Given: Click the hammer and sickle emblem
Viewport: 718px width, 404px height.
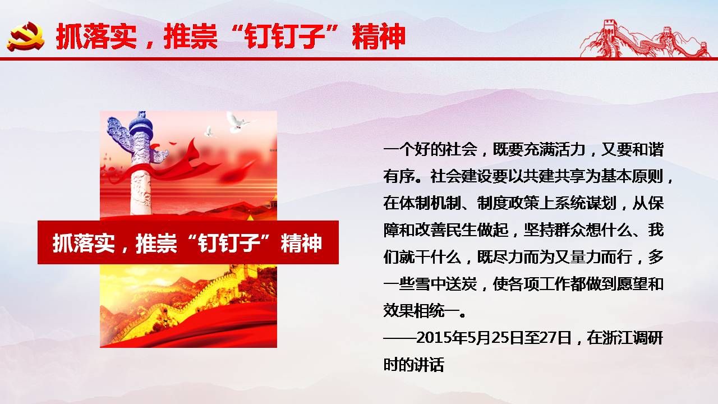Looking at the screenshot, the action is point(26,36).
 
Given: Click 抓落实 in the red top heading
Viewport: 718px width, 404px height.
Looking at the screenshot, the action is point(96,36).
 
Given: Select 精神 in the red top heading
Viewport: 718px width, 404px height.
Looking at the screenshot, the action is point(379,36).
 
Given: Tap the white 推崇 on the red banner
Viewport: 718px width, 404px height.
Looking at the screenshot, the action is point(156,243).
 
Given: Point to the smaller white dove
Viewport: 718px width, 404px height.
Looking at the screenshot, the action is point(210,131).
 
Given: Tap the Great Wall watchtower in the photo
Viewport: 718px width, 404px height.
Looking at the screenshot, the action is point(245,273).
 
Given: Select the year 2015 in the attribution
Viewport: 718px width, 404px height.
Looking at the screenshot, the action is point(432,338).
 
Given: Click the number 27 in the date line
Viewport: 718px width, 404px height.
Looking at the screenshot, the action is point(548,338).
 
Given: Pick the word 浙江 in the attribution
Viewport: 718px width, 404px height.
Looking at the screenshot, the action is point(618,338).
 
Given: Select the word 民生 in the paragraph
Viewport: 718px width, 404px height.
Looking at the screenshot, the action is point(462,230).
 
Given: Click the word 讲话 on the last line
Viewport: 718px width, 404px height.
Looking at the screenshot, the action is point(429,365).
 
